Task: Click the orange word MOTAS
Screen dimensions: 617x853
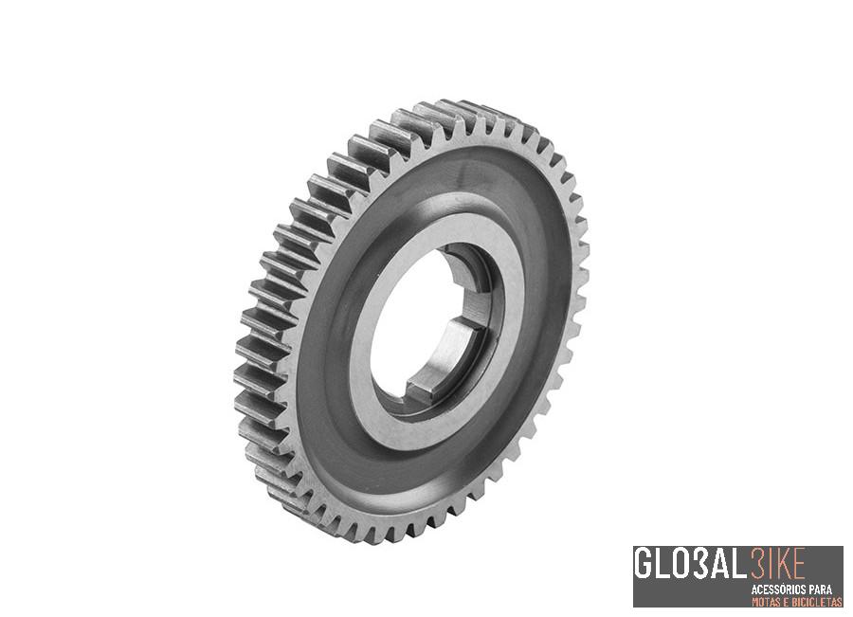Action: coord(767,601)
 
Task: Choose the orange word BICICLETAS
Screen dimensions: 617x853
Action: coord(814,601)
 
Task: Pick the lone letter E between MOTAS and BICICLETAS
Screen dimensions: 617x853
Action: coord(786,601)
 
